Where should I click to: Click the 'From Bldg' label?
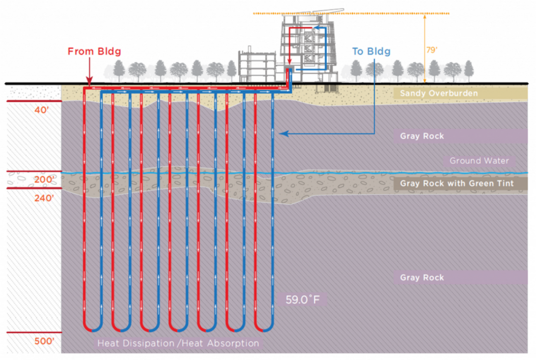pyautogui.click(x=94, y=51)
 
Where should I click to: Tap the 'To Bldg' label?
pyautogui.click(x=371, y=51)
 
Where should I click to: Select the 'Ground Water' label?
pyautogui.click(x=479, y=161)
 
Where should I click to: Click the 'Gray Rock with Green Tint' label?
pyautogui.click(x=457, y=183)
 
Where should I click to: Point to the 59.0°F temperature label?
pyautogui.click(x=302, y=300)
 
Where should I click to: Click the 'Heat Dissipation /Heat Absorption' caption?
pyautogui.click(x=178, y=343)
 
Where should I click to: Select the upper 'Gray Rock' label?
pyautogui.click(x=422, y=136)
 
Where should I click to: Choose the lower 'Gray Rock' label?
pyautogui.click(x=422, y=278)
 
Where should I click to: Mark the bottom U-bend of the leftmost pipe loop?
pyautogui.click(x=93, y=328)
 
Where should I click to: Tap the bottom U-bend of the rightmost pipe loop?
pyautogui.click(x=264, y=328)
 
